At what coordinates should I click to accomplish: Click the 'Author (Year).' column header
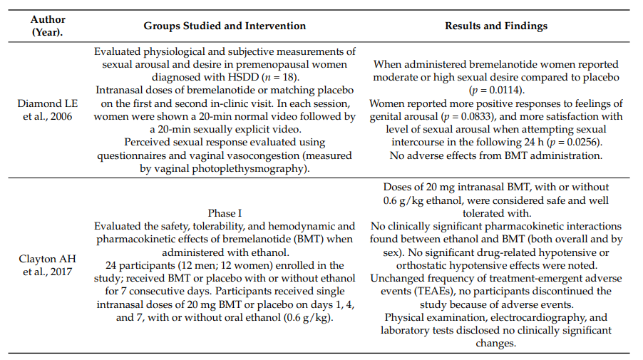point(48,26)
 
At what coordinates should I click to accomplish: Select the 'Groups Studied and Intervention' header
point(225,26)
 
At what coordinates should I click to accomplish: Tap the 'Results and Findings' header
point(496,26)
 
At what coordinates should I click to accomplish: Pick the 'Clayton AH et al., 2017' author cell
point(48,265)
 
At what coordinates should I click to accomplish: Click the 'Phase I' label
point(225,213)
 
